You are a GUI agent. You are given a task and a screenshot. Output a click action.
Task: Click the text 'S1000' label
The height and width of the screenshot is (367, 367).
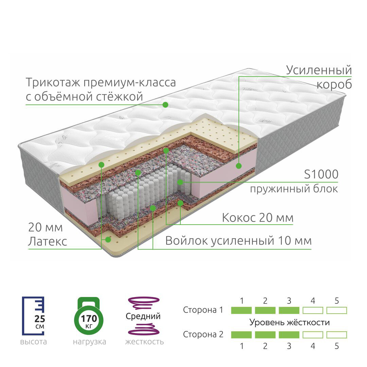(x=321, y=174)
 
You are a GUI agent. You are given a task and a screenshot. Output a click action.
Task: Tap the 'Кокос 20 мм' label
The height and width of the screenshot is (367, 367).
(x=258, y=217)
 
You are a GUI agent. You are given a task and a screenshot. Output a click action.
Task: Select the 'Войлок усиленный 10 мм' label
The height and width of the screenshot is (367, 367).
(x=238, y=241)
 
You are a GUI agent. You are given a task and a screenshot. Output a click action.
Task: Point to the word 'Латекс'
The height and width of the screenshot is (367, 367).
(x=47, y=241)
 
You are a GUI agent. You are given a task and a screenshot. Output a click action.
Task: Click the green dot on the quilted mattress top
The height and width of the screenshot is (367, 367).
(x=165, y=105)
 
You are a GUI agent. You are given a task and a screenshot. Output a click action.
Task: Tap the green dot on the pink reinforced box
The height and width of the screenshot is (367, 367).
(x=239, y=166)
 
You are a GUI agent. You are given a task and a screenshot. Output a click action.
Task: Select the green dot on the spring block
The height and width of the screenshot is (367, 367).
(x=180, y=182)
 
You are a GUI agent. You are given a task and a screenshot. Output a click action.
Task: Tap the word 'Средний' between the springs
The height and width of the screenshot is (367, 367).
(x=143, y=316)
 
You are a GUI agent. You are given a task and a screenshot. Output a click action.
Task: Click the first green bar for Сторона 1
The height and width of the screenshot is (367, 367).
(x=241, y=310)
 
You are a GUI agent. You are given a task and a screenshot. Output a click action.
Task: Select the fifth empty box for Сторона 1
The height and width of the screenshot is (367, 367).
(x=336, y=310)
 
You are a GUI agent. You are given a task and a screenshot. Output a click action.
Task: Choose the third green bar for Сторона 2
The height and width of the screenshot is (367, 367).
(x=289, y=335)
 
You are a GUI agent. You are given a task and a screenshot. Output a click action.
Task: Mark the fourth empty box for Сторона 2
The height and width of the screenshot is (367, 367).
(x=313, y=335)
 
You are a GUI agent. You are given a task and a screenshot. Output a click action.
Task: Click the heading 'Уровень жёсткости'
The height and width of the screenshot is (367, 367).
(x=290, y=322)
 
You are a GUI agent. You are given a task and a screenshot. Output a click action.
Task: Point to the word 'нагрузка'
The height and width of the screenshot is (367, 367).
(x=89, y=342)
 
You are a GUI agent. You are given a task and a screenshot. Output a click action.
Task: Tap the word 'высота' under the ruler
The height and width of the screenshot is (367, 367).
(x=33, y=342)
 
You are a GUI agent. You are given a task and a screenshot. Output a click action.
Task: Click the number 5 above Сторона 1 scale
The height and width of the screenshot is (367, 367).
(x=337, y=301)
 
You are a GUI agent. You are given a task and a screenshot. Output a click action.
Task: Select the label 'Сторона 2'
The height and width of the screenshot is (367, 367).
(x=203, y=334)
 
